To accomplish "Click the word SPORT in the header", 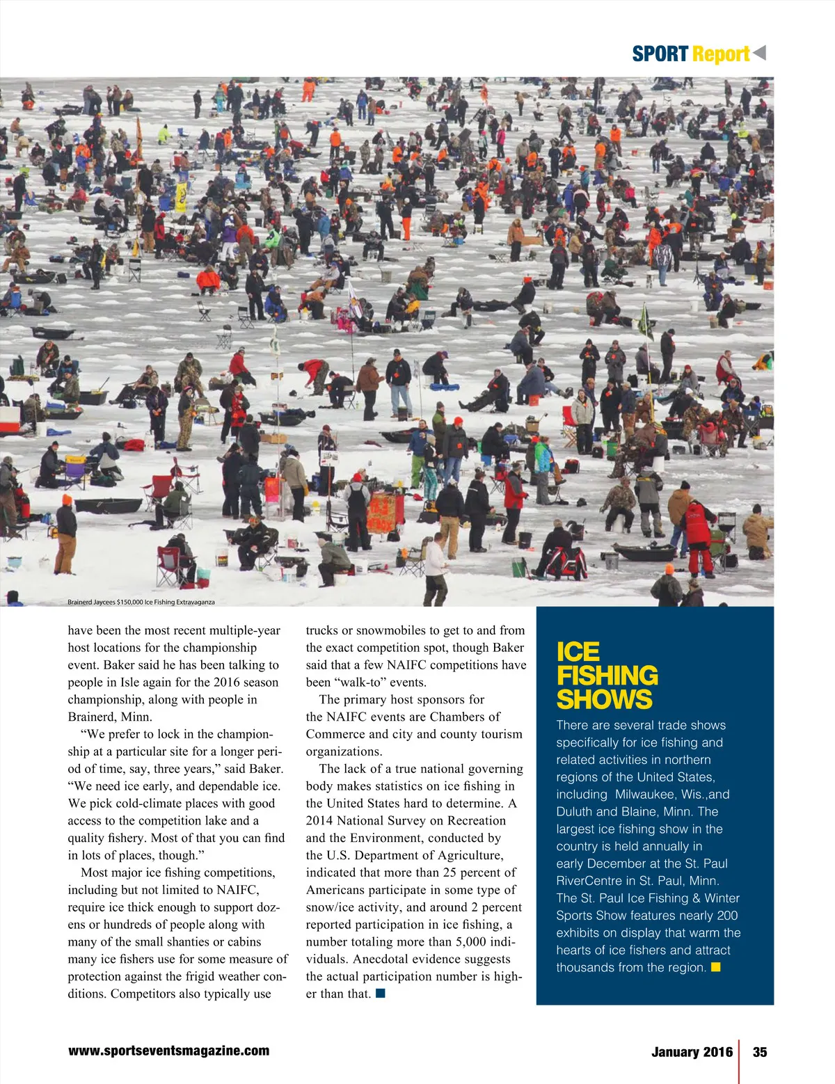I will [x=660, y=54].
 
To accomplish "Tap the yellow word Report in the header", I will [x=721, y=54].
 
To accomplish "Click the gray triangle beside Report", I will [x=759, y=52].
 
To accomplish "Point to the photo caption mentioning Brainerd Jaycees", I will [x=141, y=602].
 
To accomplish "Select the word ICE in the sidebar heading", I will [x=578, y=652].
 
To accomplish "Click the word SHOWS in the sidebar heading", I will [x=604, y=699].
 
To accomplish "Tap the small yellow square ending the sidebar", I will [x=715, y=967].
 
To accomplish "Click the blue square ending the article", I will [x=380, y=993].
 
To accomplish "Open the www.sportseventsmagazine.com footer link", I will [x=168, y=1051].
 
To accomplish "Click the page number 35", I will [x=760, y=1052].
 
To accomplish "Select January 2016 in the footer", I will [x=692, y=1052].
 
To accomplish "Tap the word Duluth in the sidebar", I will [x=575, y=812].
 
